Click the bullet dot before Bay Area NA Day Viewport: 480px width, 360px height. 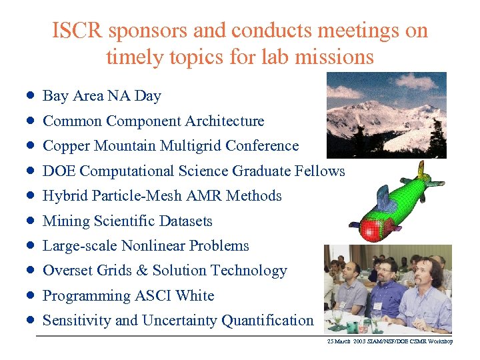(31, 96)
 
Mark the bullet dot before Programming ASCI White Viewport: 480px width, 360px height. (31, 296)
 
